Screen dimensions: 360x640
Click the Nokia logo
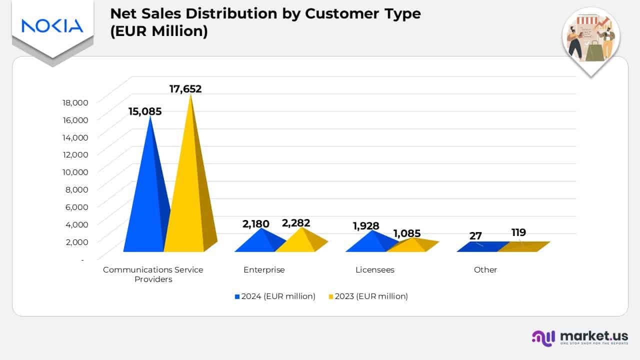tap(52, 26)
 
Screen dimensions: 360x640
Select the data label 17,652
tap(185, 89)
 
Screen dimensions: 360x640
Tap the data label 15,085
tap(145, 111)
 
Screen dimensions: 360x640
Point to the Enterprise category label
tap(264, 270)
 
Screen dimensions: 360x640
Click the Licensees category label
tap(375, 270)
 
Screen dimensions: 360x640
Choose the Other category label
tap(485, 270)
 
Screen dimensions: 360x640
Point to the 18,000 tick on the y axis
tap(75, 102)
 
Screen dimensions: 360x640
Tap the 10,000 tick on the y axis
tap(75, 172)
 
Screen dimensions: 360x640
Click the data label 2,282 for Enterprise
tap(296, 223)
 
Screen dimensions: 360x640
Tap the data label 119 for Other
tap(518, 232)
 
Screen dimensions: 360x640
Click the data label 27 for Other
tap(475, 236)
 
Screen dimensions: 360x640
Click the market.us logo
tap(580, 337)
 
